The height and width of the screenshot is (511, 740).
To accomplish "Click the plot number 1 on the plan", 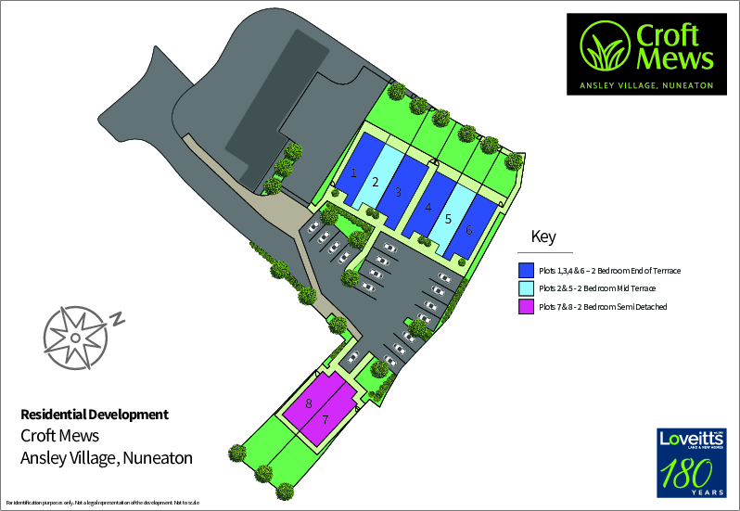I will [x=353, y=172].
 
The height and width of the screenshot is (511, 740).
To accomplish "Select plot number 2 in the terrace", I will [x=375, y=182].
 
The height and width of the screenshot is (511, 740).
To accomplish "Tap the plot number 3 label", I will [x=397, y=192].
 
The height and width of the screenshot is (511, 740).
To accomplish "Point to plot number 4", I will [x=427, y=208].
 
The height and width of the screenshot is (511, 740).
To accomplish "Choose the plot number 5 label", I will [x=448, y=219].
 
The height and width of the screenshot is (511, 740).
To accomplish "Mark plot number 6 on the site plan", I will [x=469, y=229].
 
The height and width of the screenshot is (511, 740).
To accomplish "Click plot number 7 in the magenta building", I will [x=325, y=419].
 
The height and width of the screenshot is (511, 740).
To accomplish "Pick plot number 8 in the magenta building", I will [x=308, y=403].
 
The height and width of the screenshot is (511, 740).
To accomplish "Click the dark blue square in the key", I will [x=525, y=270].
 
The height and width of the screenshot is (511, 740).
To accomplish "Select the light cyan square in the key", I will [x=525, y=288].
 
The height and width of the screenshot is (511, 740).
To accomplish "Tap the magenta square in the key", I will [x=525, y=307].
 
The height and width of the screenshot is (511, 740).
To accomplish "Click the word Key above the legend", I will [x=543, y=236].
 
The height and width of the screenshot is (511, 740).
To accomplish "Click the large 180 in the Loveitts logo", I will [x=686, y=476].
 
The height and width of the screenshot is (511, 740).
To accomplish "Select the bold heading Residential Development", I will [x=95, y=415].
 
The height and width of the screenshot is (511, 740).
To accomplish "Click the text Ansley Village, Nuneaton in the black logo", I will [x=645, y=84].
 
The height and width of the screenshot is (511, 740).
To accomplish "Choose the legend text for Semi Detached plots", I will [x=603, y=307].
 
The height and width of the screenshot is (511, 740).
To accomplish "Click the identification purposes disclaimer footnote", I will [x=103, y=503].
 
